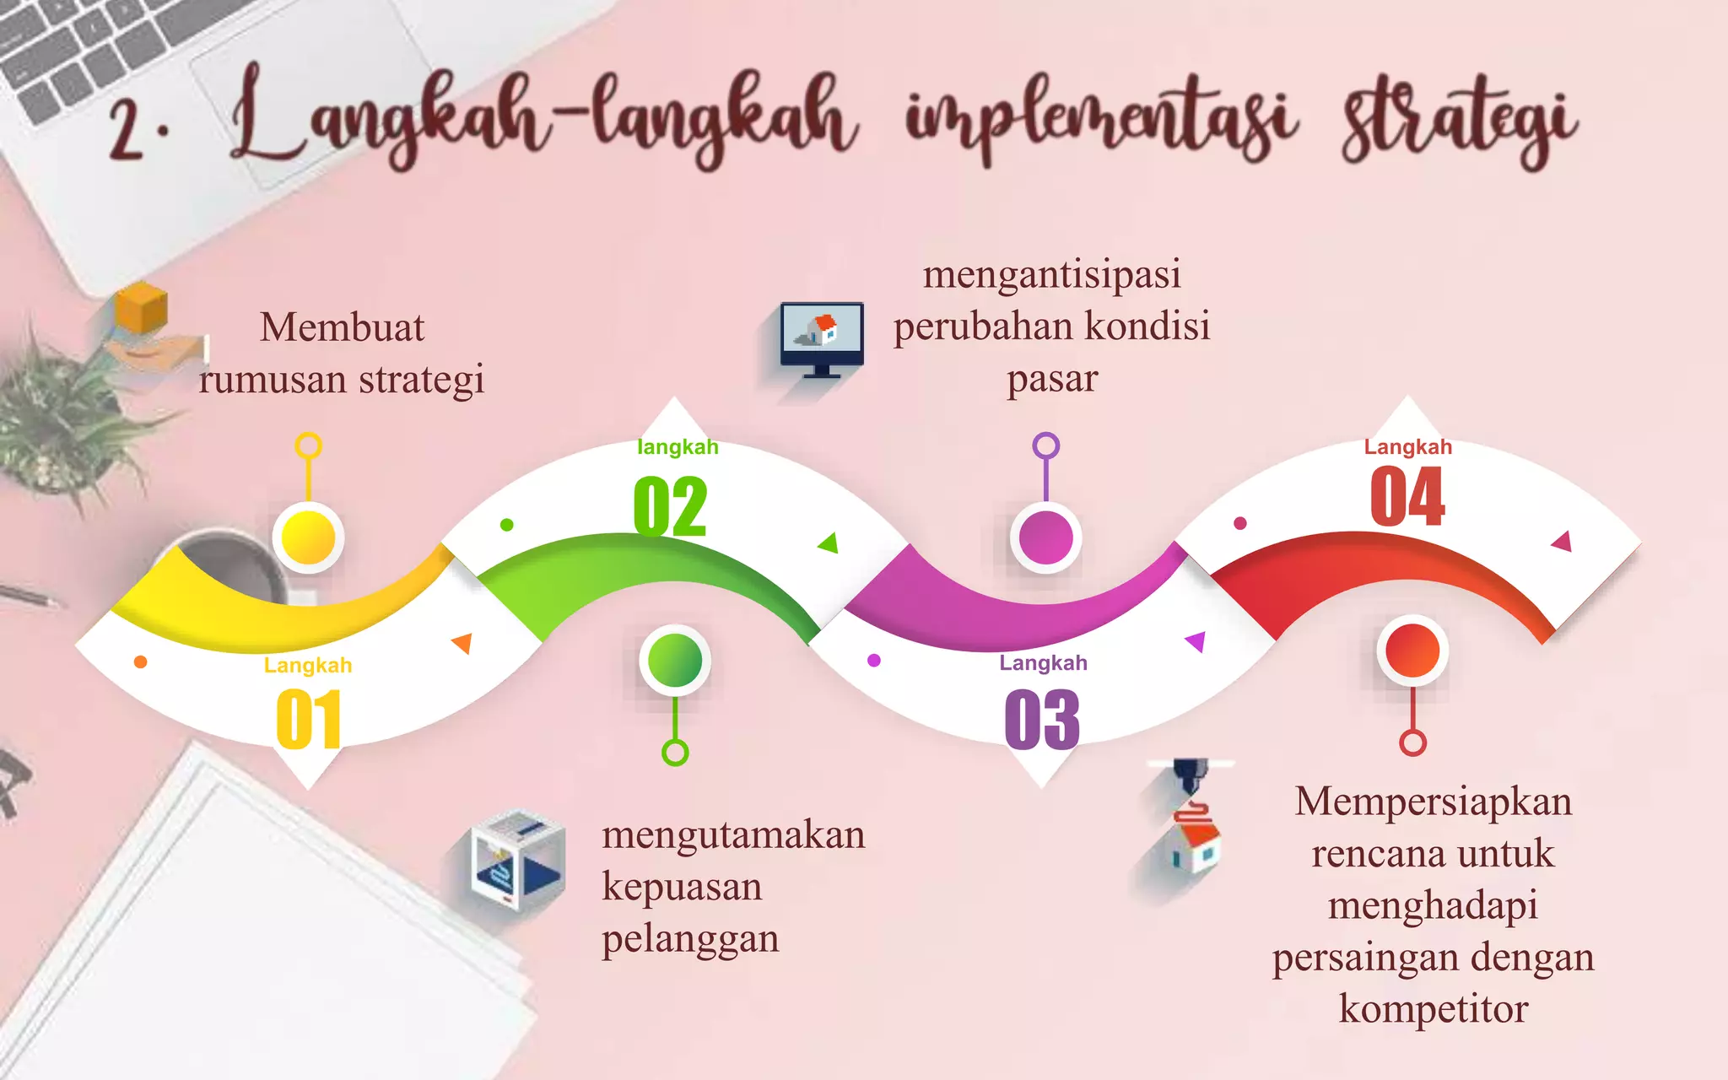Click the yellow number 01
click(x=309, y=720)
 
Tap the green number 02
click(x=670, y=506)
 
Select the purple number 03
click(x=1042, y=719)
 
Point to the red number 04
click(x=1407, y=497)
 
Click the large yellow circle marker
click(x=308, y=537)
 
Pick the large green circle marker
click(x=674, y=660)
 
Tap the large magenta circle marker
click(x=1045, y=537)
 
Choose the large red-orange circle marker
click(x=1412, y=651)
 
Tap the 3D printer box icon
click(x=517, y=861)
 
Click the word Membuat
click(x=342, y=327)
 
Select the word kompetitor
click(x=1433, y=1009)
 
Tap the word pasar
click(x=1052, y=379)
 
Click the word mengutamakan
click(x=733, y=835)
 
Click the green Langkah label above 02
click(x=678, y=447)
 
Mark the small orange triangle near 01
click(x=462, y=643)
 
